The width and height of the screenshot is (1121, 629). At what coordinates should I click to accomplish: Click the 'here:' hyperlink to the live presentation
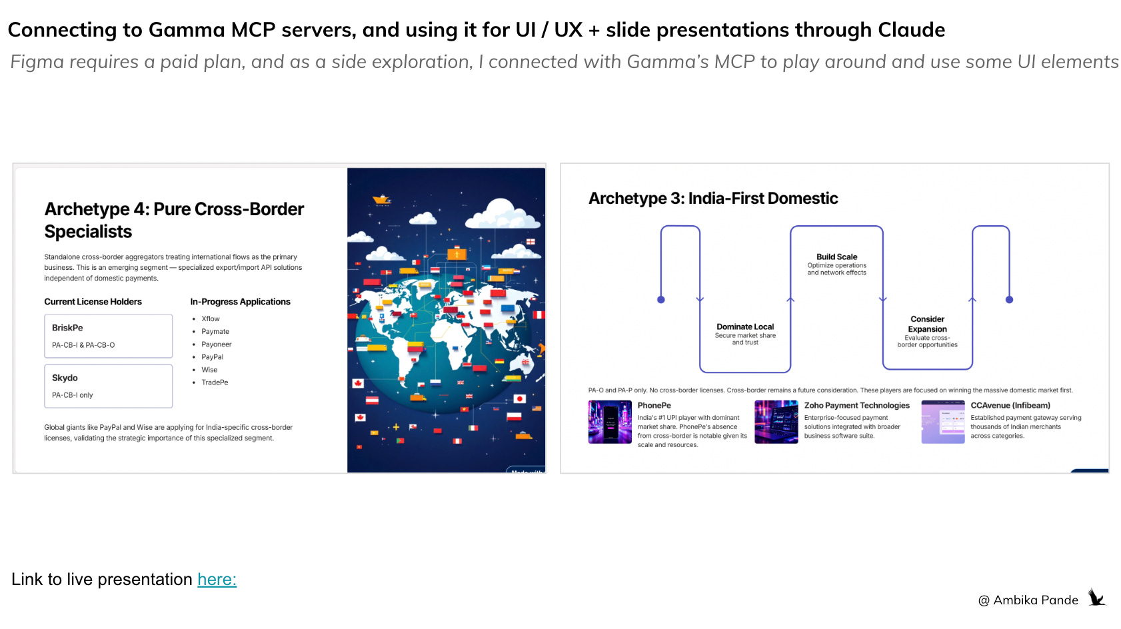(217, 579)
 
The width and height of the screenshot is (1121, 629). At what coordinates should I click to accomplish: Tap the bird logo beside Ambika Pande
(1096, 597)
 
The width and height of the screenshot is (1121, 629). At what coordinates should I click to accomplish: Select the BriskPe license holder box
(108, 336)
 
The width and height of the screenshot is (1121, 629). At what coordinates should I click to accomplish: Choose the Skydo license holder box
(108, 386)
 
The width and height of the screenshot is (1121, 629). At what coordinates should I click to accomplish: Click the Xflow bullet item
(211, 318)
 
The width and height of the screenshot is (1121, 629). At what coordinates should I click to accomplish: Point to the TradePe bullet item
(215, 382)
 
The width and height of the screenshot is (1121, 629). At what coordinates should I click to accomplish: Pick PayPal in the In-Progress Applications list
(212, 357)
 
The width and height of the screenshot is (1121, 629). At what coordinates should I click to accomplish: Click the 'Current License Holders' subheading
(93, 302)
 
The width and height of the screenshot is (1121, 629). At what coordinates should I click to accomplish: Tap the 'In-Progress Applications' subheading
(240, 302)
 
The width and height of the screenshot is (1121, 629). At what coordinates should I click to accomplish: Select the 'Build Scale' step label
(836, 257)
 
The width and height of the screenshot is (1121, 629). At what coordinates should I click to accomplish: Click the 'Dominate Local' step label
(745, 327)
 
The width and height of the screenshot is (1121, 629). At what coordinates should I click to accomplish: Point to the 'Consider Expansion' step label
(927, 324)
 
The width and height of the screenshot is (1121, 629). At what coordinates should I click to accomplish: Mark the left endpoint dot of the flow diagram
(661, 300)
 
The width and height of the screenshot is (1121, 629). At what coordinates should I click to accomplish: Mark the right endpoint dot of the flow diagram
(1009, 300)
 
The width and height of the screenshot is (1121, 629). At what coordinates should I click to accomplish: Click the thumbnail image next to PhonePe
(610, 422)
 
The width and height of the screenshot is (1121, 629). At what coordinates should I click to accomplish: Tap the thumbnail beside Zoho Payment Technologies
(776, 422)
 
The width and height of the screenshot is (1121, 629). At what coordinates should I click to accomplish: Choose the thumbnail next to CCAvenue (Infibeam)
(942, 422)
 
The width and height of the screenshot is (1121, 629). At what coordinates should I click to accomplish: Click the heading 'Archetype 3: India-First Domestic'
(712, 199)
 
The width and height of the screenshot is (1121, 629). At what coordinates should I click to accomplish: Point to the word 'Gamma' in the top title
(187, 30)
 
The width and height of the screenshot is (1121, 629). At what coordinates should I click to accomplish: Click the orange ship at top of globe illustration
(382, 199)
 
